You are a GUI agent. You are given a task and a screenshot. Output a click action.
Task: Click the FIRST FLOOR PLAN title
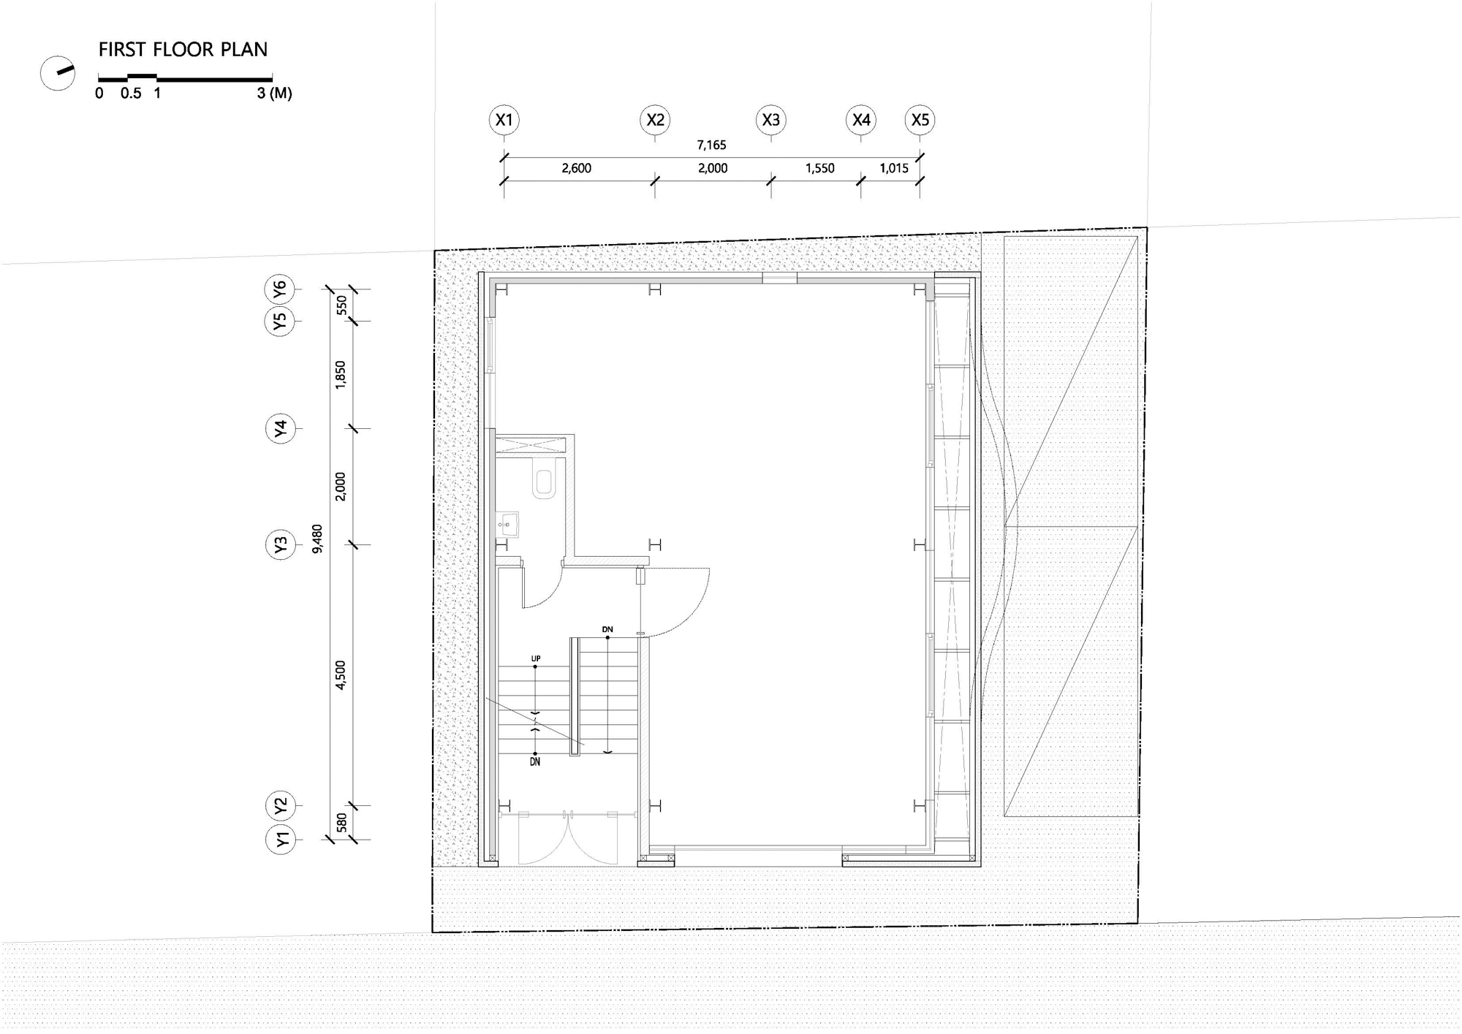coord(183,50)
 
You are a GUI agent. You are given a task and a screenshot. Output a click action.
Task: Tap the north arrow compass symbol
coord(58,73)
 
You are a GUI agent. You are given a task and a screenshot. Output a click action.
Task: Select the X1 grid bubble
coord(504,120)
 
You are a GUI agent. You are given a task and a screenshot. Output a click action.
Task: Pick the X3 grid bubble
coord(771,120)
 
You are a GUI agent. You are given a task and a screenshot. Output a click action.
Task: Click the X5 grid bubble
coord(920,120)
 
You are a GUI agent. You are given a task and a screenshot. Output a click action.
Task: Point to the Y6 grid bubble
coord(280,290)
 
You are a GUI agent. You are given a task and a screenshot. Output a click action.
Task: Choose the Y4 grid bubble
coord(280,428)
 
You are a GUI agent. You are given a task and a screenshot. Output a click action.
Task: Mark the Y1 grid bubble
coord(280,840)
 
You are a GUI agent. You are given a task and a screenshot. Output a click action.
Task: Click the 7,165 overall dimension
coord(711,145)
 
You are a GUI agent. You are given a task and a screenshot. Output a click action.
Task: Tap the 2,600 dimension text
coord(577,169)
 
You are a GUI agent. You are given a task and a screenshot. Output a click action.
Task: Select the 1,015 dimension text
coord(894,169)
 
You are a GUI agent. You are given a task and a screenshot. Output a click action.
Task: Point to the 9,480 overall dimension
coord(317,539)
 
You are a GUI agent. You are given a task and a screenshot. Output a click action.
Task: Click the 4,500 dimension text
coord(341,675)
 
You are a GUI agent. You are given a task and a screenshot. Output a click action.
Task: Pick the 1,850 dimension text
coord(341,375)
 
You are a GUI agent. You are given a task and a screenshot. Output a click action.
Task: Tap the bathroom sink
coord(507,525)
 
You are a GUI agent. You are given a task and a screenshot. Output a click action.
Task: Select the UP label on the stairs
coord(536,659)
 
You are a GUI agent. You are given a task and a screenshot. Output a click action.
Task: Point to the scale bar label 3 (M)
coord(275,94)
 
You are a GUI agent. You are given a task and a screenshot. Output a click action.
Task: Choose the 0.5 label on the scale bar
coord(132,94)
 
